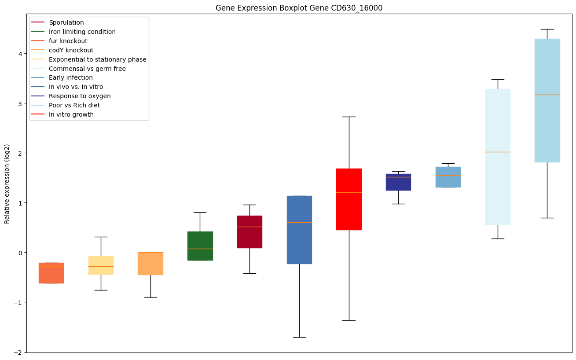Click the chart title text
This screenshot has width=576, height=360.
pos(299,8)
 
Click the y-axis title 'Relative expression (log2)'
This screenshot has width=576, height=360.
pos(7,183)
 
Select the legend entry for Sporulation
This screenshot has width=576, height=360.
pos(66,22)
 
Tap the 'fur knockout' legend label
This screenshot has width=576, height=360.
pos(68,41)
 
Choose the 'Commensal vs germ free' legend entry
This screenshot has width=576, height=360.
pos(87,69)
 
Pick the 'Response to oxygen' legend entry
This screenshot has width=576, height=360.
pos(80,96)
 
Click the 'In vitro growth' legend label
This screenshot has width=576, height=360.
pos(71,114)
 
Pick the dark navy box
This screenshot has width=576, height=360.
pos(398,182)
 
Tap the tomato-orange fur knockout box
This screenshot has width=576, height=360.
pos(51,273)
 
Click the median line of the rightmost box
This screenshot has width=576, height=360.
pos(547,95)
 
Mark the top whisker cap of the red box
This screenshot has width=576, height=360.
pos(349,117)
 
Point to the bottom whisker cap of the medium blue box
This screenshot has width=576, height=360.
pos(299,337)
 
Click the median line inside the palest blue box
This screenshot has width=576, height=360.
pos(497,152)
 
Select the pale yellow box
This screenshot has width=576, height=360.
pos(101,265)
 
